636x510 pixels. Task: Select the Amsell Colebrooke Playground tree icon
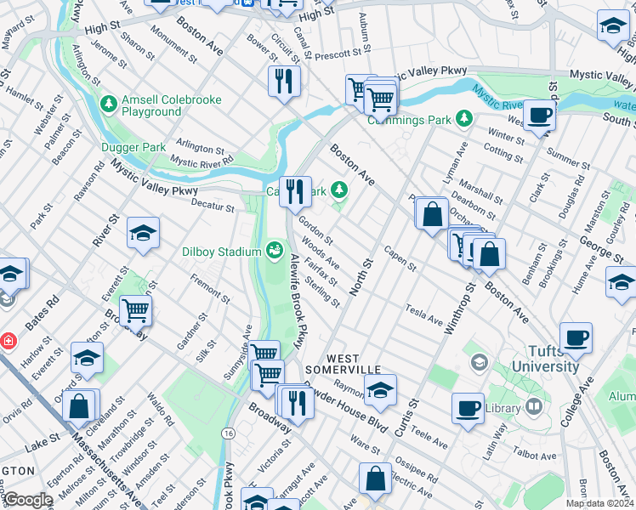tap(108, 105)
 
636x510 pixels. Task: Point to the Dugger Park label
tap(138, 147)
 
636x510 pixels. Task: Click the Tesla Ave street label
tap(424, 314)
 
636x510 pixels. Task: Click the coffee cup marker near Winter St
tap(538, 114)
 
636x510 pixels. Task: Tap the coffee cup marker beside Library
tap(467, 407)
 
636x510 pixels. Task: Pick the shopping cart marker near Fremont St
tap(135, 310)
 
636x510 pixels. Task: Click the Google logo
tap(27, 500)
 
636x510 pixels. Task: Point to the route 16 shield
tap(229, 433)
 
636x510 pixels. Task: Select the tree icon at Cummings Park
tap(463, 117)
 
